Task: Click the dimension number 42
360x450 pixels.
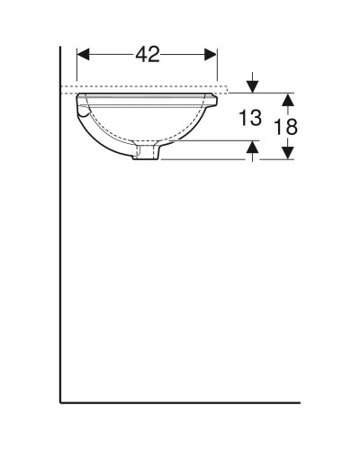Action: [148, 54]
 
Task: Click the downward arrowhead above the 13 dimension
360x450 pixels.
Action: [253, 85]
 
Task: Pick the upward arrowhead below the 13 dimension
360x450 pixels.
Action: [253, 148]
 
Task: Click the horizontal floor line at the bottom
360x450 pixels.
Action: [180, 399]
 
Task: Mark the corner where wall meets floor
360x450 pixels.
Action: [60, 399]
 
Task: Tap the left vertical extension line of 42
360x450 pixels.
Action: [78, 67]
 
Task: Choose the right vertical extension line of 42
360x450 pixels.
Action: [217, 67]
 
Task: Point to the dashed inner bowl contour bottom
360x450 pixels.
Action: [148, 142]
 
